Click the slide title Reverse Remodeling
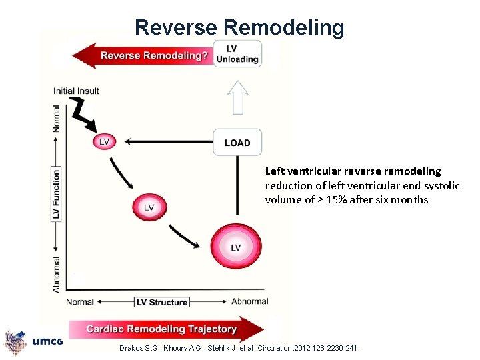coord(239,27)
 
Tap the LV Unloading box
coord(237,54)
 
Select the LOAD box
coord(237,143)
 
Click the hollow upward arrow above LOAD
coord(237,97)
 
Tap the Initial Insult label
coord(76,91)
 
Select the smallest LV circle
coord(104,141)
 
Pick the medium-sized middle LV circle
coord(149,207)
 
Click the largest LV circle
coord(235,247)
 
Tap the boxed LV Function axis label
coord(57,194)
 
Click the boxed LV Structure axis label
coord(162,302)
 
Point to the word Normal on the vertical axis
coord(57,117)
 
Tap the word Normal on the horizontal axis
coord(80,302)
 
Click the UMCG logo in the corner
coord(33,341)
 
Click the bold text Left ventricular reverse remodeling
coord(353,171)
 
